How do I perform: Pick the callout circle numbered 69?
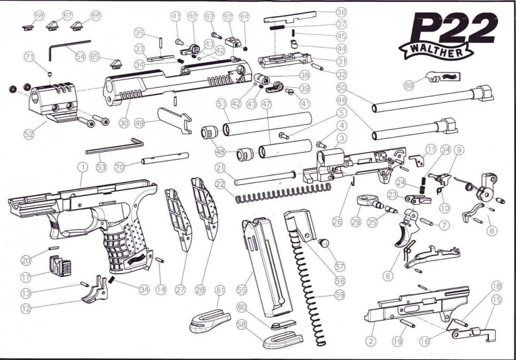(409, 85)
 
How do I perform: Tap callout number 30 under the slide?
(124, 122)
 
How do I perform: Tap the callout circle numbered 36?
(342, 12)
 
